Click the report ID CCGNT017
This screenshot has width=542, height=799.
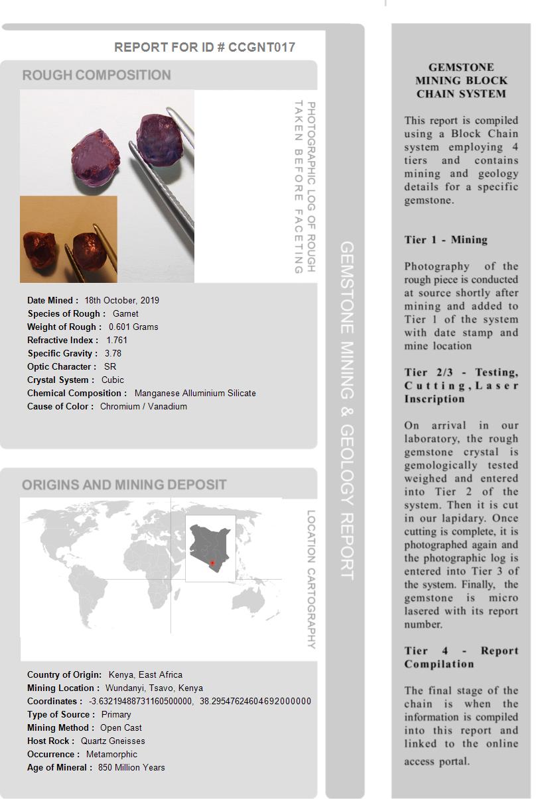(261, 47)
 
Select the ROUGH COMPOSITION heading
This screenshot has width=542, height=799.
(97, 75)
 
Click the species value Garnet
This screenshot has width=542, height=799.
(125, 313)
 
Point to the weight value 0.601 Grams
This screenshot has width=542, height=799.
(133, 327)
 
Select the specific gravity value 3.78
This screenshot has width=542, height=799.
(113, 353)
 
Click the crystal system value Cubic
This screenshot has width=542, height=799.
(113, 380)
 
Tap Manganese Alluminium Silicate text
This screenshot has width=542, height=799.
(195, 393)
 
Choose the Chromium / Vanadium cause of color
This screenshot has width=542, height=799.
(143, 406)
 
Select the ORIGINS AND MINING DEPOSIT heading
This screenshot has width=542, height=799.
(124, 484)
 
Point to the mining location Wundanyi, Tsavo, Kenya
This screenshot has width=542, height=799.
(154, 688)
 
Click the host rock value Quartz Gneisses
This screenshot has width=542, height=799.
(113, 741)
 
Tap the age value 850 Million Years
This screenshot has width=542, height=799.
(131, 767)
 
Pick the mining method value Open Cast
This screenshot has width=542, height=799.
(121, 727)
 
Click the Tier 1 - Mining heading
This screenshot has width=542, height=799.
(446, 240)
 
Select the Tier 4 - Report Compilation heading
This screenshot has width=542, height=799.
(461, 657)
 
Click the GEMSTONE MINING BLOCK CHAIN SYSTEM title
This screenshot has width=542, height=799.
(461, 80)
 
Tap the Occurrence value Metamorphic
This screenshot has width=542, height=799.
(111, 754)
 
